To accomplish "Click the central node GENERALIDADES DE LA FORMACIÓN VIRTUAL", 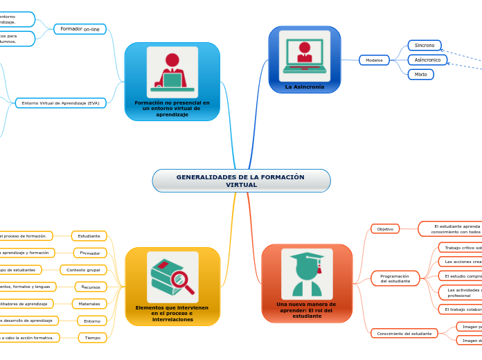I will point(241,181).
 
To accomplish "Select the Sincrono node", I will point(425,45).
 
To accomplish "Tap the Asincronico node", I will point(427,60).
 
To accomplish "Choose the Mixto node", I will point(420,74).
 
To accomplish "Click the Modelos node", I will point(374,60).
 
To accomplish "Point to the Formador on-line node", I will point(80,29).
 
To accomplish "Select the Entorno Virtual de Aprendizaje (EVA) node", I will point(60,103).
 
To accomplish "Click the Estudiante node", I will point(89,236).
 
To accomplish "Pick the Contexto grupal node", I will point(83,270).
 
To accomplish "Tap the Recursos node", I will point(91,287).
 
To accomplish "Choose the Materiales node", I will point(89,304).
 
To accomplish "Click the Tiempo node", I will point(92,338).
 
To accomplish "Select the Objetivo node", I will point(385,228).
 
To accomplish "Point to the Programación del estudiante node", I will point(395,278).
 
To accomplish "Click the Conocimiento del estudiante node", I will point(404,334).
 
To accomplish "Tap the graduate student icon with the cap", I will point(307,274).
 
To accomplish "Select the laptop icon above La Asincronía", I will point(305,55).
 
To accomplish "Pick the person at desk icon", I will point(172,72).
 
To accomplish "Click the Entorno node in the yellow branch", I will point(92,321).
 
